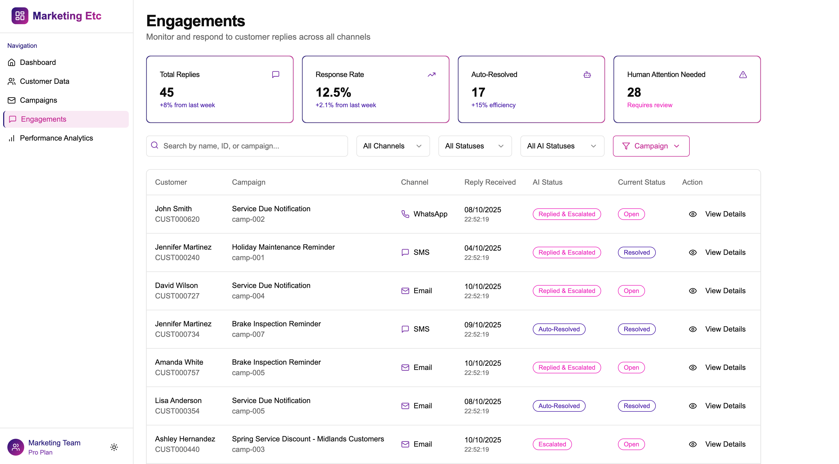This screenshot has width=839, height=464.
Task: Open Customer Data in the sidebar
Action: click(44, 81)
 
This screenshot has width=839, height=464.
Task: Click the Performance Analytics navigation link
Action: click(56, 138)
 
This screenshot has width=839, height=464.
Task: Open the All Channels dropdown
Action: click(392, 146)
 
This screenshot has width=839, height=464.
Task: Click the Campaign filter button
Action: click(651, 146)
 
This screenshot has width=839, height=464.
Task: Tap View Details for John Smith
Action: click(725, 214)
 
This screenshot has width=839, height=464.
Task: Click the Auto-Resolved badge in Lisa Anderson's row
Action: click(559, 406)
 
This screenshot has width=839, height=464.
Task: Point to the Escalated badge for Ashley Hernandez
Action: click(552, 444)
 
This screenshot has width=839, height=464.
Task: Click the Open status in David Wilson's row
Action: click(631, 291)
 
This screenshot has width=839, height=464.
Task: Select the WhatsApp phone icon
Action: click(405, 214)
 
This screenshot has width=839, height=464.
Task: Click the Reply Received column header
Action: click(489, 182)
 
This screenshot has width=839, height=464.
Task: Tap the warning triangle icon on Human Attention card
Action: click(743, 75)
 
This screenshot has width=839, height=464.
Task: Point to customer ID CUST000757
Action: click(177, 373)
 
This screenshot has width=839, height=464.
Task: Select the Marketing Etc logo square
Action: click(20, 16)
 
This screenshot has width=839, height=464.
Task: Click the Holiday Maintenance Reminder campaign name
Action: click(283, 247)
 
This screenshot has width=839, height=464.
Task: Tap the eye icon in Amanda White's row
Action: click(692, 368)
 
